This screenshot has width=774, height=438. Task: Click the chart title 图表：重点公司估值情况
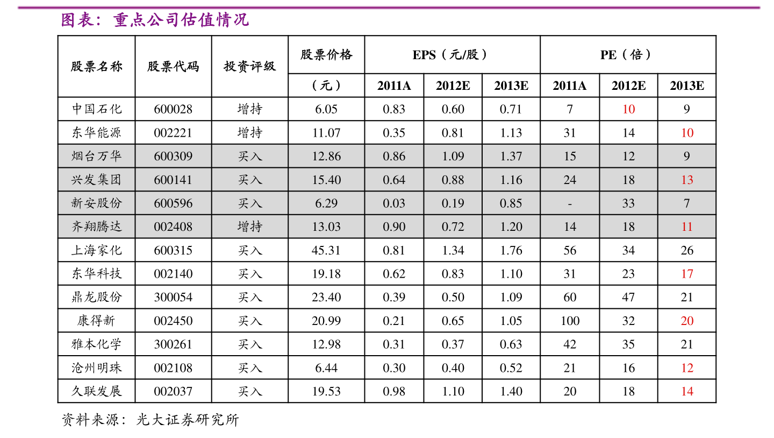coord(155,20)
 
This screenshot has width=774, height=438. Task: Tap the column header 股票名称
coord(97,67)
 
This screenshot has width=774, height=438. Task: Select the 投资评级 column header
coord(250,67)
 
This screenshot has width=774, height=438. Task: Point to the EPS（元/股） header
coord(452,55)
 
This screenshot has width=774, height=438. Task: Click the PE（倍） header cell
coord(628,55)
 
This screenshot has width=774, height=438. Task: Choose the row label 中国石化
coord(97,109)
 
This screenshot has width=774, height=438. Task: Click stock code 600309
coord(173,157)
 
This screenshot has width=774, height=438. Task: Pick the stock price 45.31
coord(326,250)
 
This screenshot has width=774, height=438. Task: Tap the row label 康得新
coord(97,321)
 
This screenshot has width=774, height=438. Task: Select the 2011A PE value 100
coord(570,321)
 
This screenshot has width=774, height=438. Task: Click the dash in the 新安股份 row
coord(570,203)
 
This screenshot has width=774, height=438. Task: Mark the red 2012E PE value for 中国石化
coord(628,109)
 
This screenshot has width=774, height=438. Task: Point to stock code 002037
coord(173,391)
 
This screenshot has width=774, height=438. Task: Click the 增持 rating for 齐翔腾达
coord(250,227)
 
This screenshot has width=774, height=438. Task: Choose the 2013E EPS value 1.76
coord(511,250)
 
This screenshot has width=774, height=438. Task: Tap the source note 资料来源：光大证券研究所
coord(150,420)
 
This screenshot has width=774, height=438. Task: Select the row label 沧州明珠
coord(97,368)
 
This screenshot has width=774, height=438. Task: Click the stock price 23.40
coord(326,297)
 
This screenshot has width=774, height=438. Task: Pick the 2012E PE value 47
coord(628,297)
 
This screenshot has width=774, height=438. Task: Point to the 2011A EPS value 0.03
coord(394,203)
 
